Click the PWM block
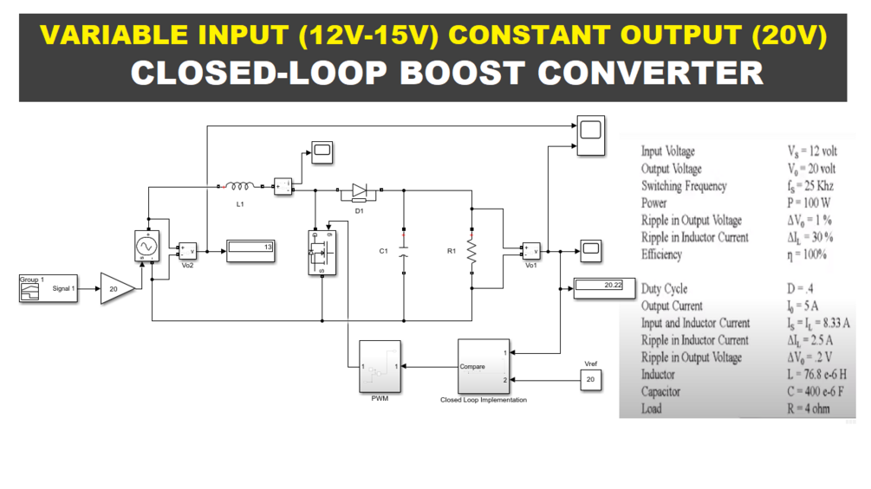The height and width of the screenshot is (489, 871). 380,366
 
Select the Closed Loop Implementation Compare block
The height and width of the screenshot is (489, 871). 483,367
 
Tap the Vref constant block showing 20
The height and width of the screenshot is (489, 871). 590,379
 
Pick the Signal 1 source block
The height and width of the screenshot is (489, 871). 49,288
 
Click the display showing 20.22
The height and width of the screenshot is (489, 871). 600,286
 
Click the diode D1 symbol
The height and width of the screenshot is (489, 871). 358,190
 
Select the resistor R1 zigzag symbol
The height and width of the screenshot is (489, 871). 471,251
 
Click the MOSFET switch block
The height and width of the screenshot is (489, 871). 322,251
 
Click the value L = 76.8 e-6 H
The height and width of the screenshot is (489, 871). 819,375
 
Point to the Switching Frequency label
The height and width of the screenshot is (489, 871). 684,186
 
